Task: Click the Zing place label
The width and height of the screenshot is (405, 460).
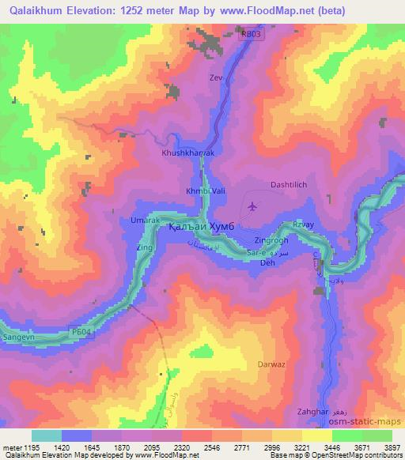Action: pos(144,247)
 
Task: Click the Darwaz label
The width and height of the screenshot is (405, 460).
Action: pos(271,364)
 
